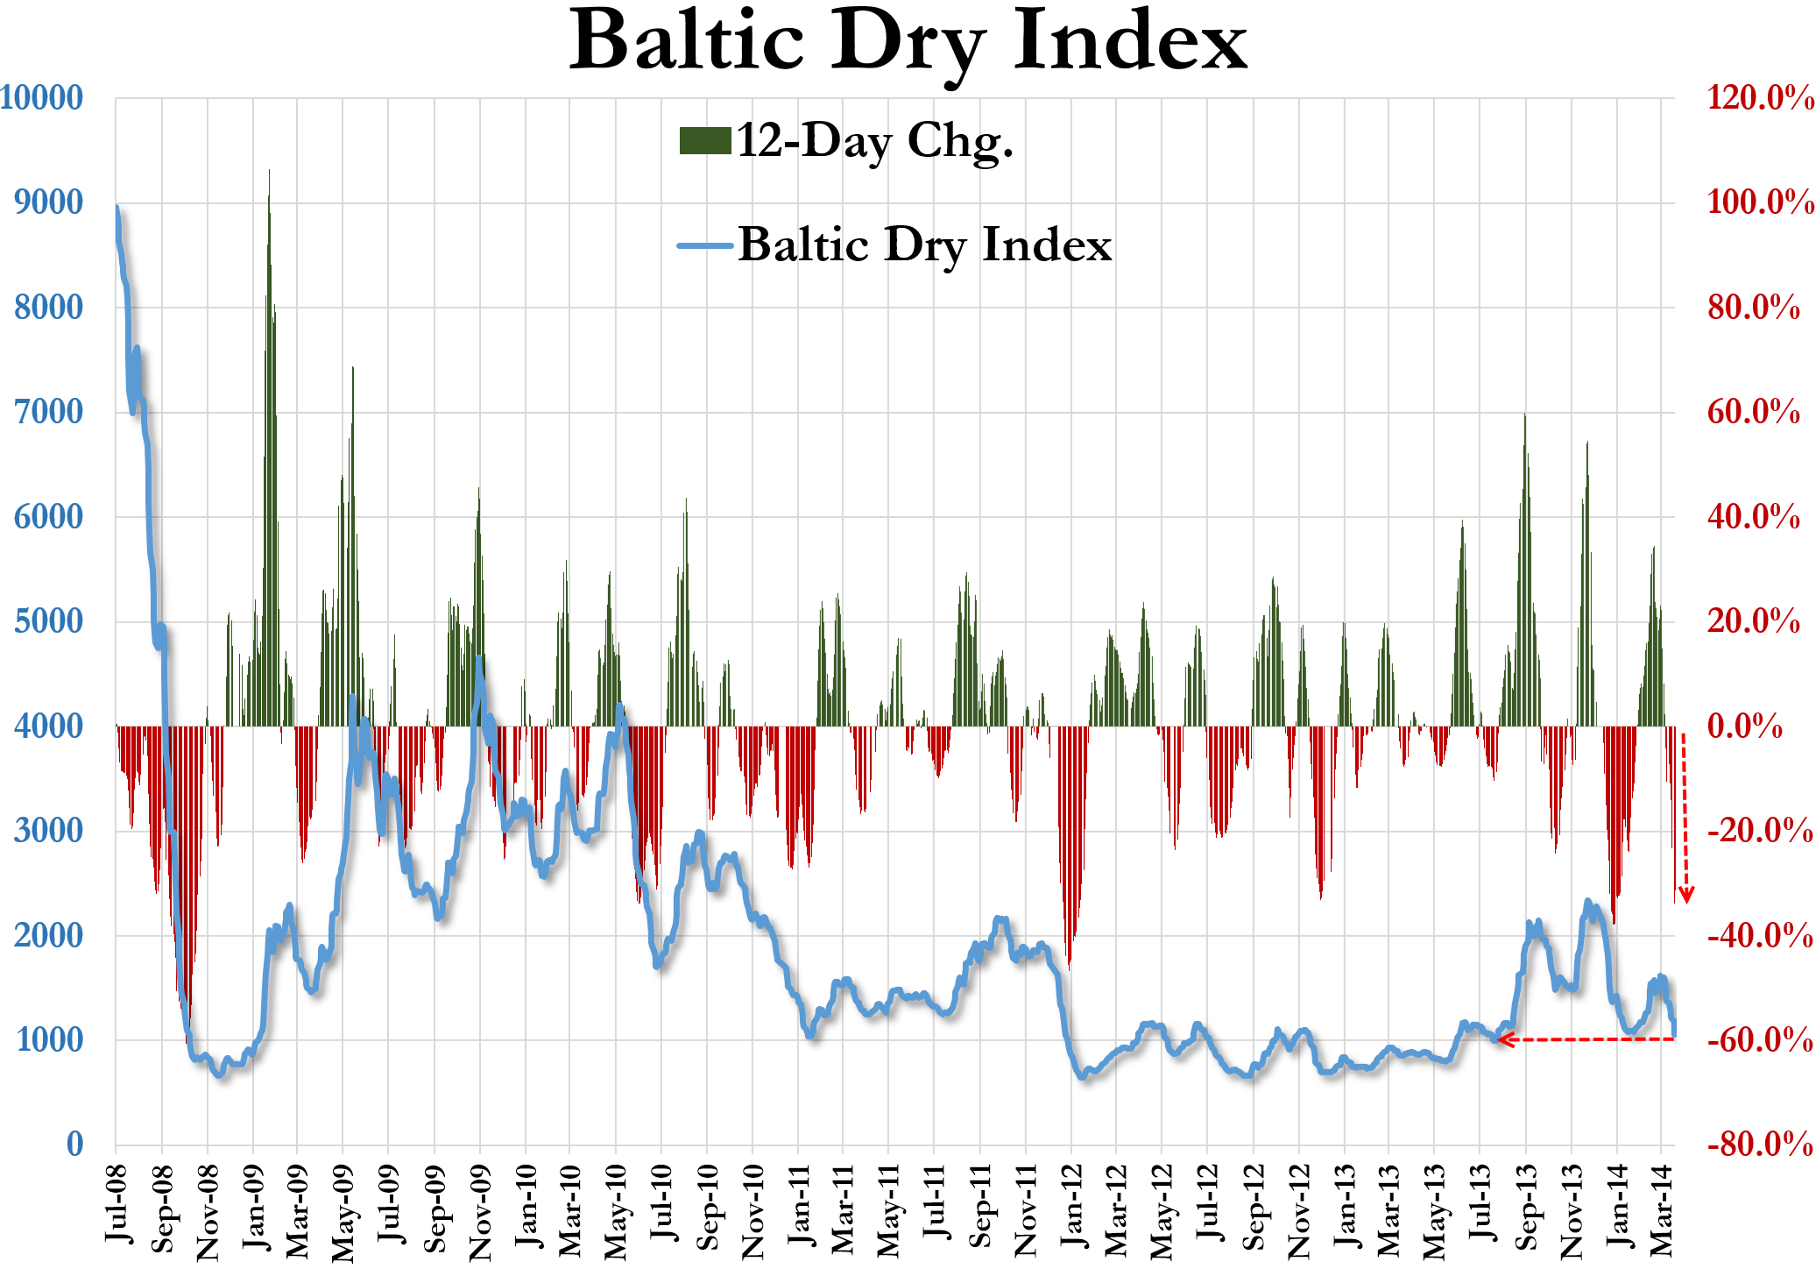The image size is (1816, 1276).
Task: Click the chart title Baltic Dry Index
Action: (x=908, y=42)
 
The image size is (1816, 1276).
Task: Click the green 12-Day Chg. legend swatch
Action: (x=705, y=140)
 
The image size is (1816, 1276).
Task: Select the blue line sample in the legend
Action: (x=704, y=245)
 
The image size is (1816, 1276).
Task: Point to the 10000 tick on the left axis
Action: (x=41, y=98)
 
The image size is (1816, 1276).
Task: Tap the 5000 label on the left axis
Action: (x=48, y=621)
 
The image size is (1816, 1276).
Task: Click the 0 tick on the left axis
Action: (x=75, y=1144)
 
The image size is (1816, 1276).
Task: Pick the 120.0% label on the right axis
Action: (x=1760, y=98)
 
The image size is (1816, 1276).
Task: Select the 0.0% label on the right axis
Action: (x=1745, y=727)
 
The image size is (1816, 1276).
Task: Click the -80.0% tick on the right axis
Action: (x=1760, y=1144)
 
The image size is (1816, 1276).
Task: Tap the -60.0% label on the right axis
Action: (x=1760, y=1040)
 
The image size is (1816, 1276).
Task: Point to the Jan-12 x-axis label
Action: (x=1071, y=1205)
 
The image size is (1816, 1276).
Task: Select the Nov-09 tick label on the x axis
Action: (x=480, y=1211)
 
